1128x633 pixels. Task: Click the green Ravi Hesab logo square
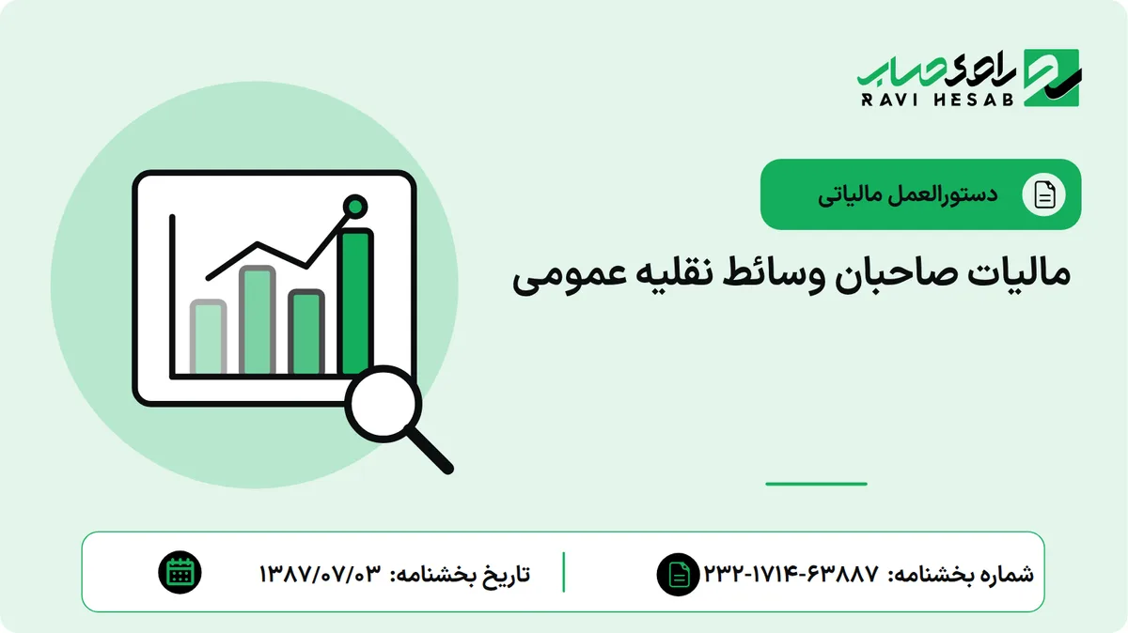(1052, 78)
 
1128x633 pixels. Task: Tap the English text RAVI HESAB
(936, 100)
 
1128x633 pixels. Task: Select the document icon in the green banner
(1043, 194)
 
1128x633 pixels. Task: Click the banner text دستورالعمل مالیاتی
(907, 195)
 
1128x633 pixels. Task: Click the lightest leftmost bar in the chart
(208, 336)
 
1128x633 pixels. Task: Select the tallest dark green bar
(357, 301)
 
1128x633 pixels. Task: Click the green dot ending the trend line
(355, 207)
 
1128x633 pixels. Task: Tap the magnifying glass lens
(384, 405)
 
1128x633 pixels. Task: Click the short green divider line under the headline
(816, 484)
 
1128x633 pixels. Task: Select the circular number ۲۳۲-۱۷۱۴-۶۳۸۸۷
(791, 573)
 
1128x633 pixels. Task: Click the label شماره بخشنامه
(961, 574)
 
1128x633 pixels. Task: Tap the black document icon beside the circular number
(679, 575)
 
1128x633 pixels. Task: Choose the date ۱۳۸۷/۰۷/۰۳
(321, 574)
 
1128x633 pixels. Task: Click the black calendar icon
(180, 573)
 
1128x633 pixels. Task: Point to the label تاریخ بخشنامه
(460, 575)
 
